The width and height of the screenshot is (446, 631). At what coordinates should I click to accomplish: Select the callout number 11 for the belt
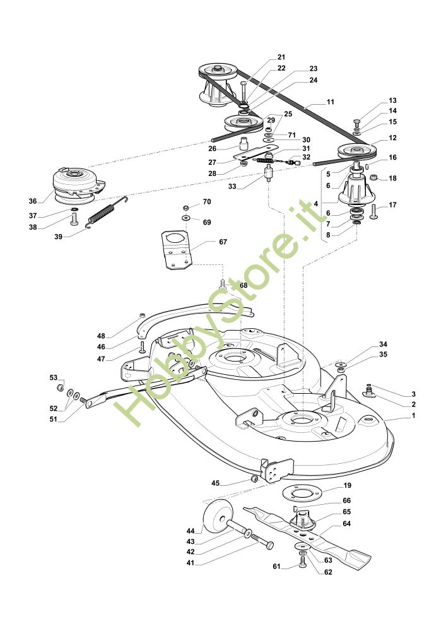[x=331, y=102]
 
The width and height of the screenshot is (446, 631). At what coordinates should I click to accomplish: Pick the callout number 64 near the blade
[x=347, y=524]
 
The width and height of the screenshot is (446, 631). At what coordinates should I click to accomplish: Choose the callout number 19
[x=347, y=486]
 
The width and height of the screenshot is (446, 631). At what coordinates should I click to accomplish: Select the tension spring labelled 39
[x=109, y=212]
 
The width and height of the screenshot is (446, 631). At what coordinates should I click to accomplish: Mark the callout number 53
[x=54, y=377]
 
